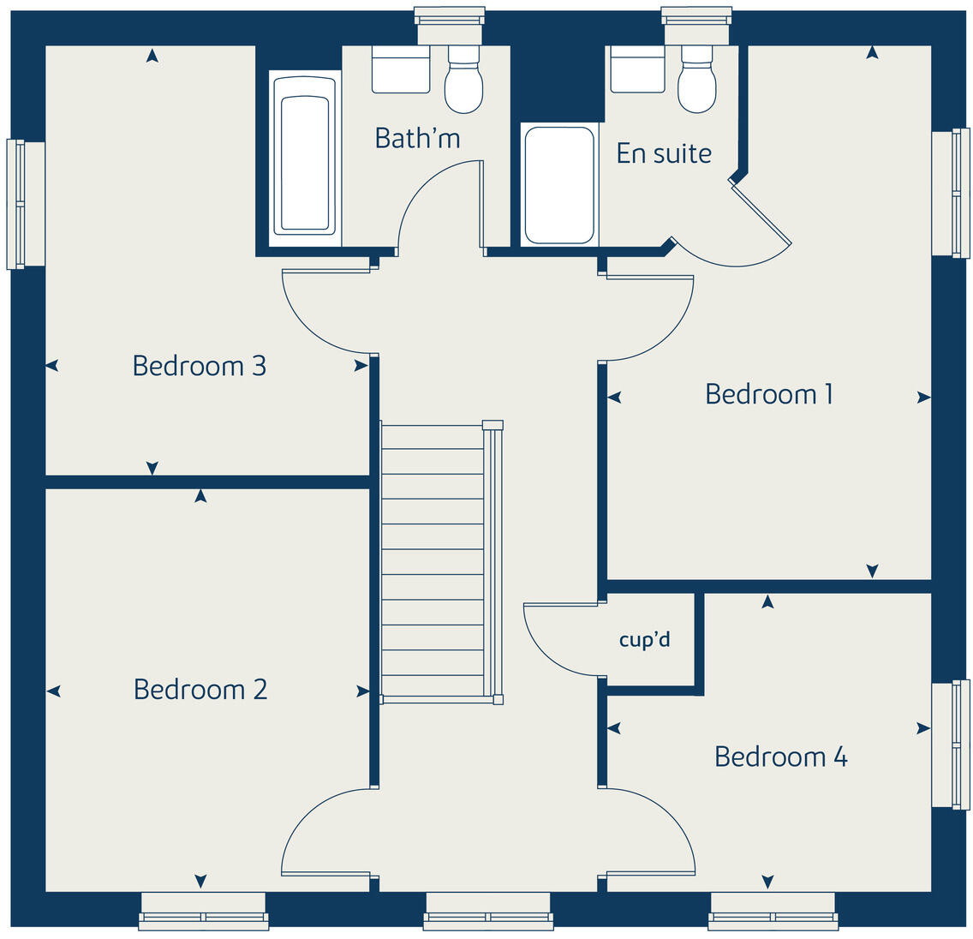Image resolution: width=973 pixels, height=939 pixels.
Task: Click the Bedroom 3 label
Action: (199, 366)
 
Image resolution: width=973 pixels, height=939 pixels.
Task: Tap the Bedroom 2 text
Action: (200, 689)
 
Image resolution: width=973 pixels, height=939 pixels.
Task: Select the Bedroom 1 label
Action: (768, 394)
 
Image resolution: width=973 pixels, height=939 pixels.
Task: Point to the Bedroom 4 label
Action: (780, 757)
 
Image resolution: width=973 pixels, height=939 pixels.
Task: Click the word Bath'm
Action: (417, 138)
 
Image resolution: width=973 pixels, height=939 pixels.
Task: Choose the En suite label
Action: (664, 153)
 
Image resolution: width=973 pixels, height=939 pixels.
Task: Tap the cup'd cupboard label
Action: (644, 640)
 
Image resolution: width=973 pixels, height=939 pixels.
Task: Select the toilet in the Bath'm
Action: (463, 81)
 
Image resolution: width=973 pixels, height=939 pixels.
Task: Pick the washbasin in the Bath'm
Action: (400, 69)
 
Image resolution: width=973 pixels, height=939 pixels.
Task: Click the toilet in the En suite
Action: (696, 81)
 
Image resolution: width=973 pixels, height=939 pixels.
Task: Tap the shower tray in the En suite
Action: (558, 185)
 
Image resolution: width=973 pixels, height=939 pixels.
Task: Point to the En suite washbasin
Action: (637, 69)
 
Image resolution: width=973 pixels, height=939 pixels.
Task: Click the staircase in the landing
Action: (433, 561)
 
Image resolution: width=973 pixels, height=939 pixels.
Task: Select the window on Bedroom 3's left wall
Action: (24, 204)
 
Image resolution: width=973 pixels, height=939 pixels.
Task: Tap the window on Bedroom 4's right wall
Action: (951, 745)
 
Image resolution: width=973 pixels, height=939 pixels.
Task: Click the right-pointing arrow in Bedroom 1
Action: (923, 398)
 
